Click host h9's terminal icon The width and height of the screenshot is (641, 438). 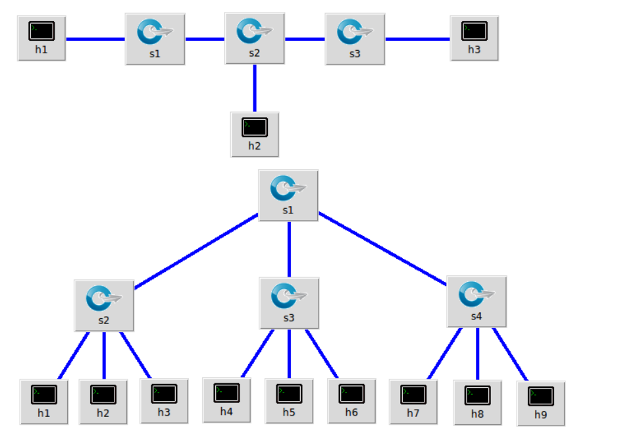tap(541, 397)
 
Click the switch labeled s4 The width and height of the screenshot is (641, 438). tap(476, 301)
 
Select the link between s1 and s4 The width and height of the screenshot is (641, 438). tap(383, 248)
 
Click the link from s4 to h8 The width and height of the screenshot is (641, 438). tap(477, 354)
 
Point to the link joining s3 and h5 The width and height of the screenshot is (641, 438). tap(289, 354)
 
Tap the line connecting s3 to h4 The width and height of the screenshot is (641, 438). tap(258, 354)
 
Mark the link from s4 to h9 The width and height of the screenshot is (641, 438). tap(510, 354)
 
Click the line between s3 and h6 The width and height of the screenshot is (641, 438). tap(321, 354)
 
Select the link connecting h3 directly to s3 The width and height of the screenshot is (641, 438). tap(417, 39)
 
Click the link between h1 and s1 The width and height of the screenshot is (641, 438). tap(95, 39)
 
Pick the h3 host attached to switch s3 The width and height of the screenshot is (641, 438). tap(474, 38)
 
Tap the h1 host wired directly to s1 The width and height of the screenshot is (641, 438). tap(41, 38)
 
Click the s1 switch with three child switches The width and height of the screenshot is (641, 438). tap(288, 195)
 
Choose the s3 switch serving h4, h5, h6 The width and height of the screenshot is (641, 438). tap(289, 302)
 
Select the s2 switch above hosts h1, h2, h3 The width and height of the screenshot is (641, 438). tap(104, 305)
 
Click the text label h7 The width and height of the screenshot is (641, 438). tap(413, 413)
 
